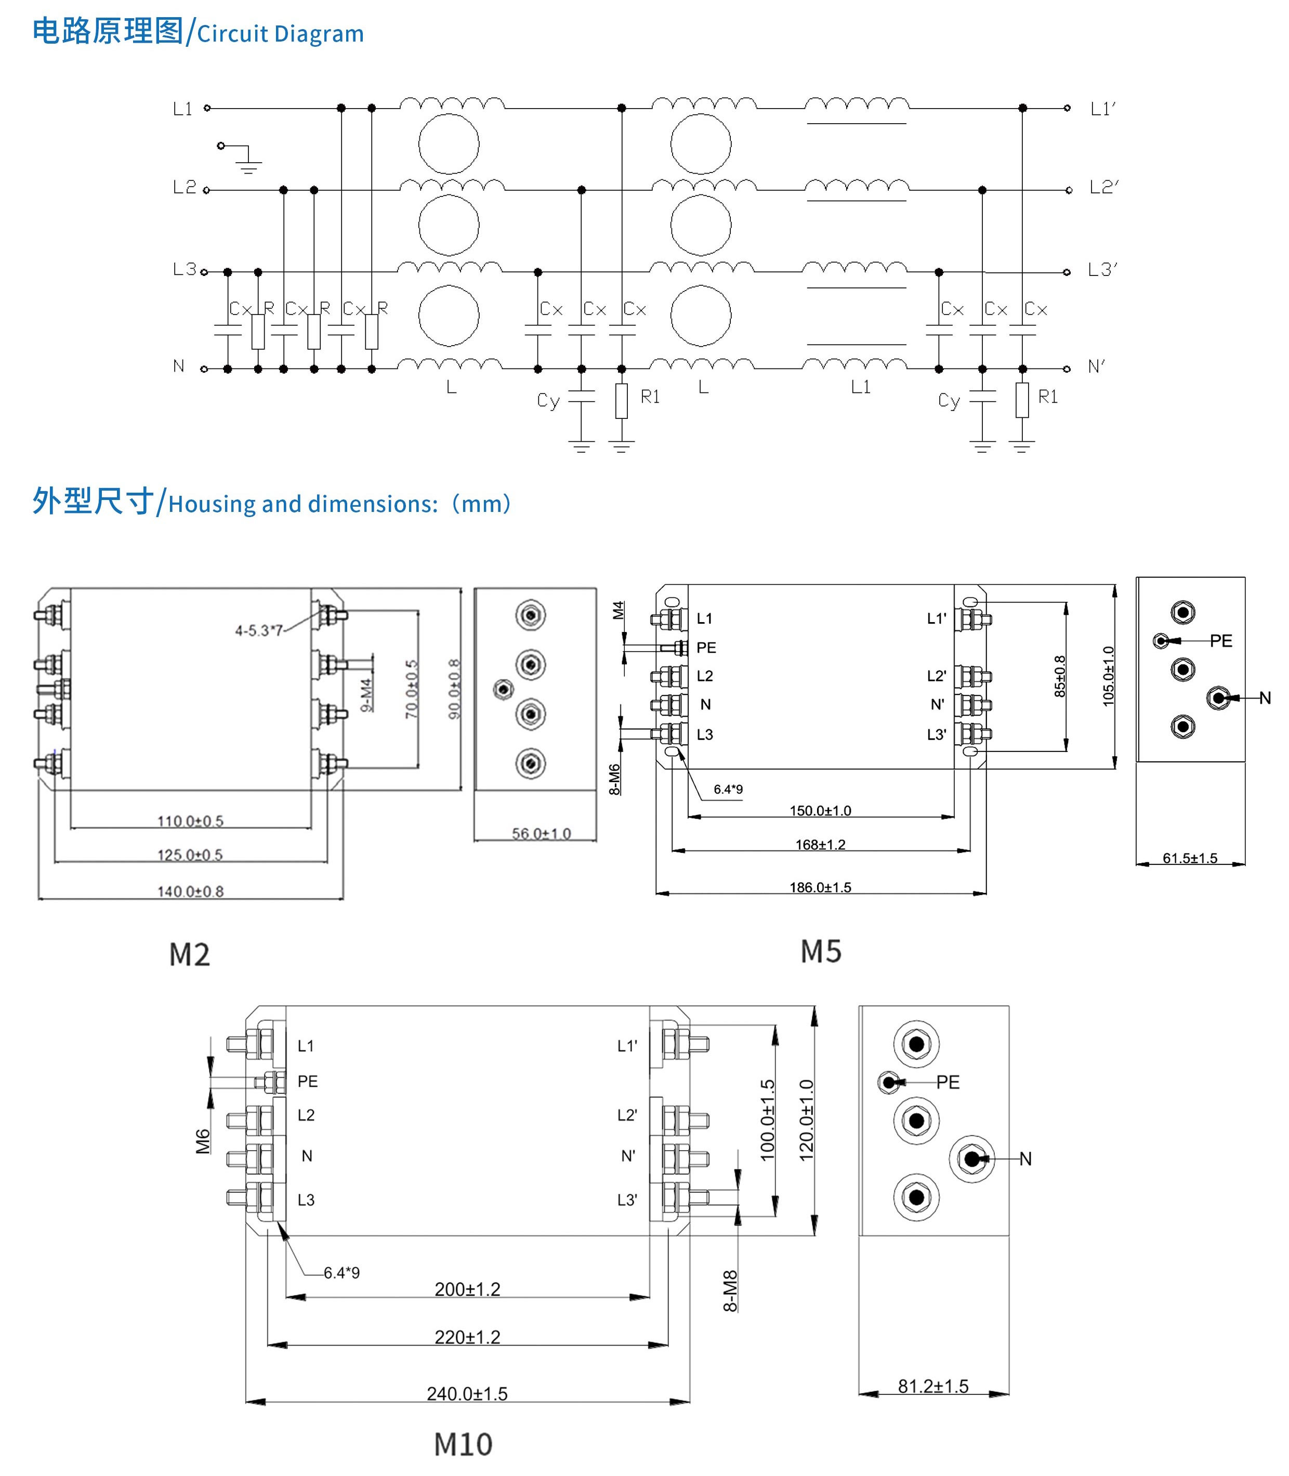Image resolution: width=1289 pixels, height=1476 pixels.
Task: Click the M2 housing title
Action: coord(190,955)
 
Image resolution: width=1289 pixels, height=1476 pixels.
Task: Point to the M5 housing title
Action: coord(821,952)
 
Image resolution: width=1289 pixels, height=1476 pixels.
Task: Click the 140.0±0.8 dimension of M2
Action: coord(191,892)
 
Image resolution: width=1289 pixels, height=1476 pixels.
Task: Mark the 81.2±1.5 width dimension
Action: coord(933,1386)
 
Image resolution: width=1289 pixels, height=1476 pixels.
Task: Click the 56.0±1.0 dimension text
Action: coord(541,834)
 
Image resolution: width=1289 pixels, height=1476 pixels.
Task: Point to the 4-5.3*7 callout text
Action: coord(259,631)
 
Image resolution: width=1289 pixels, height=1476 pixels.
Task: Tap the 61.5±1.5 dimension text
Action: coord(1190,858)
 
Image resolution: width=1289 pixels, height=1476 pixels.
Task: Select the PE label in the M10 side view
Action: coord(948,1083)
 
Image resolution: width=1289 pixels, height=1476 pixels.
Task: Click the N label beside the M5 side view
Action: coord(1265,697)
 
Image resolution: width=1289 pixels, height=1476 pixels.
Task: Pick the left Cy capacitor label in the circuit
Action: coord(548,401)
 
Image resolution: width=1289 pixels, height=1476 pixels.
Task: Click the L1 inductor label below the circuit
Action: coord(860,387)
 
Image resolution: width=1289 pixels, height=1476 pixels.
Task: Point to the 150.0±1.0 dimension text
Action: coord(820,811)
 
